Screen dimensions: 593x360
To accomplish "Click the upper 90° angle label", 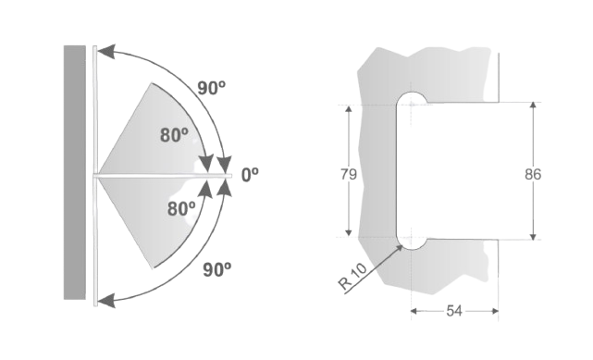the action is point(212,89).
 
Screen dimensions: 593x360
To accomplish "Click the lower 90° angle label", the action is point(217,269).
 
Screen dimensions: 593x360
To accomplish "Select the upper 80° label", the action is point(174,135).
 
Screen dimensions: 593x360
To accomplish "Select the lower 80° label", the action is point(181,208).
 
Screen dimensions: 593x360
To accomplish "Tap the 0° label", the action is point(250,175).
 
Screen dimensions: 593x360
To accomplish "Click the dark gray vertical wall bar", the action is point(75,172).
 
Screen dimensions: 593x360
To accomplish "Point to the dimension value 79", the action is point(349,174).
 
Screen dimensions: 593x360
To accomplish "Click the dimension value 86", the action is point(533,174).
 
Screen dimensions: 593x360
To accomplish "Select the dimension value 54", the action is point(454,311).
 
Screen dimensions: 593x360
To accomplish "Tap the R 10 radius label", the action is point(352,277).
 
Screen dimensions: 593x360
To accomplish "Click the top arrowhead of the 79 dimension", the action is point(349,110).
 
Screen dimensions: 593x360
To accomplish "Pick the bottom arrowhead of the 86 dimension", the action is point(533,235).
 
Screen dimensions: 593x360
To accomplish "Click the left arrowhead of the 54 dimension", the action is point(415,311).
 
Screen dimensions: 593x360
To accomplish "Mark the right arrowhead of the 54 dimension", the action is point(494,311).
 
